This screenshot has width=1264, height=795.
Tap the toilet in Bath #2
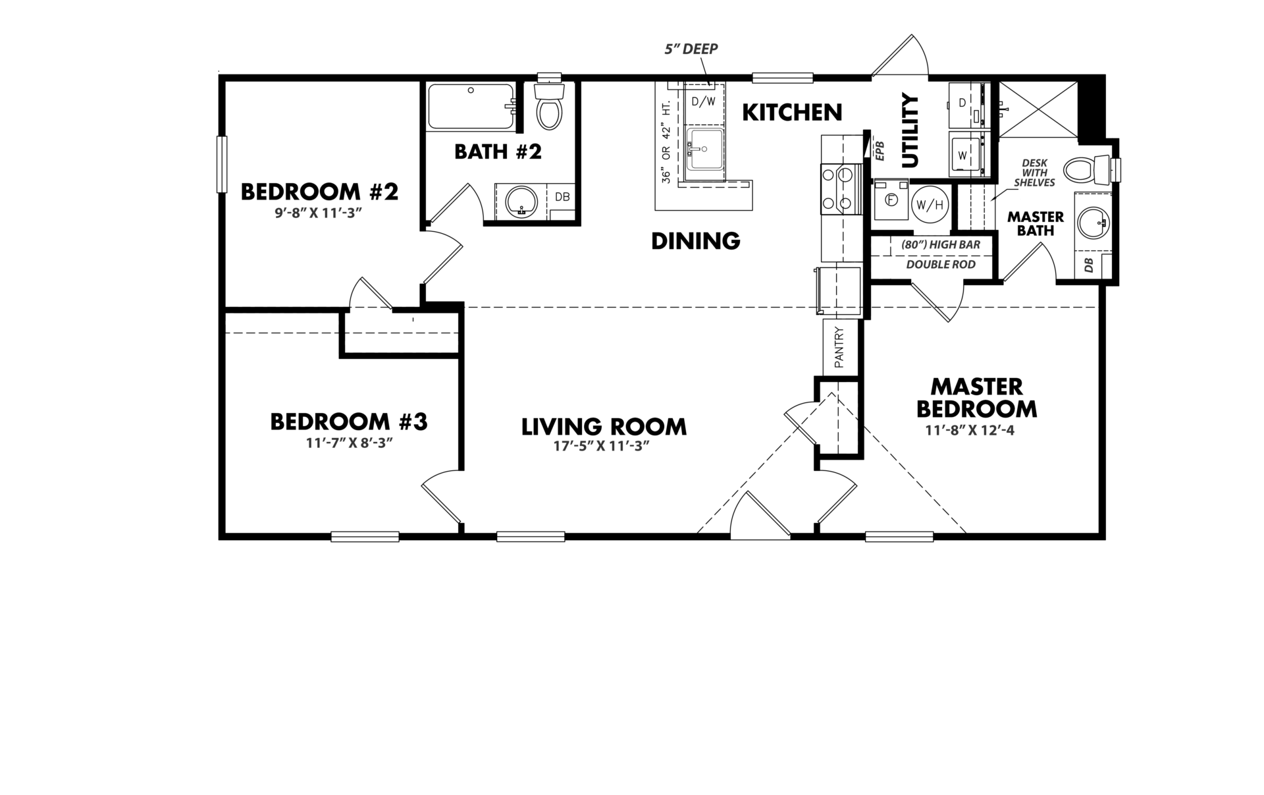[x=548, y=106]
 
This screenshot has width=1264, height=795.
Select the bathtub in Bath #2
[x=471, y=107]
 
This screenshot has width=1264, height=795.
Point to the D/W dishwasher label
[x=703, y=101]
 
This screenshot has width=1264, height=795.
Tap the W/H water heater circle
[x=929, y=206]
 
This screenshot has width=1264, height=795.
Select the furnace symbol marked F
[x=891, y=200]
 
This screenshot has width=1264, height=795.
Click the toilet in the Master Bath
[x=1087, y=171]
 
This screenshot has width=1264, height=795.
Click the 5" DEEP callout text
[x=691, y=49]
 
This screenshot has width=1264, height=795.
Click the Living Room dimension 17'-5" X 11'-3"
[x=602, y=446]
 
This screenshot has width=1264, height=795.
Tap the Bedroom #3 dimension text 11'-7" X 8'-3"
[x=349, y=443]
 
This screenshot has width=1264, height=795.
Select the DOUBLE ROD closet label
[x=940, y=265]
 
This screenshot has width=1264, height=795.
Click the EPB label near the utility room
[x=880, y=150]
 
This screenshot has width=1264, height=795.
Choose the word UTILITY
[x=909, y=131]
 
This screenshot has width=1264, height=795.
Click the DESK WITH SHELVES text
[x=1034, y=173]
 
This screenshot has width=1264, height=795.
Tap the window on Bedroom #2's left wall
[x=222, y=165]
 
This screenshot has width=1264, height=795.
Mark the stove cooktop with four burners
[x=836, y=189]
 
